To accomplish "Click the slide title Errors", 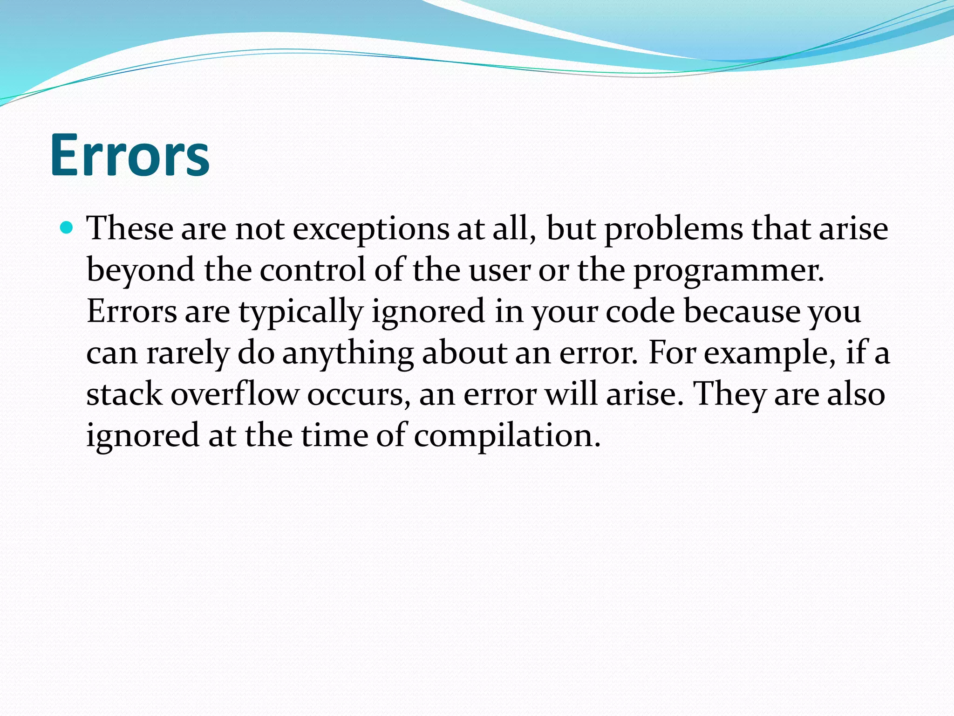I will pos(130,155).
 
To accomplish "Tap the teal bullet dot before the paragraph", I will pos(67,228).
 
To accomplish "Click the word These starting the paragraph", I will pos(130,228).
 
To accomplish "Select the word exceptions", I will pos(371,229).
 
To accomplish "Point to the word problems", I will pos(674,229).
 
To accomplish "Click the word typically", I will pos(301,312).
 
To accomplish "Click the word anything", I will pos(348,353).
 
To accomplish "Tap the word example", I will pos(769,353).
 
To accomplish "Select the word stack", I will pos(124,394).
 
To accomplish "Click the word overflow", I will pos(234,394).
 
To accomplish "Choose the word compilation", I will pos(507,436).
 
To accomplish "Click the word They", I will pos(729,394).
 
